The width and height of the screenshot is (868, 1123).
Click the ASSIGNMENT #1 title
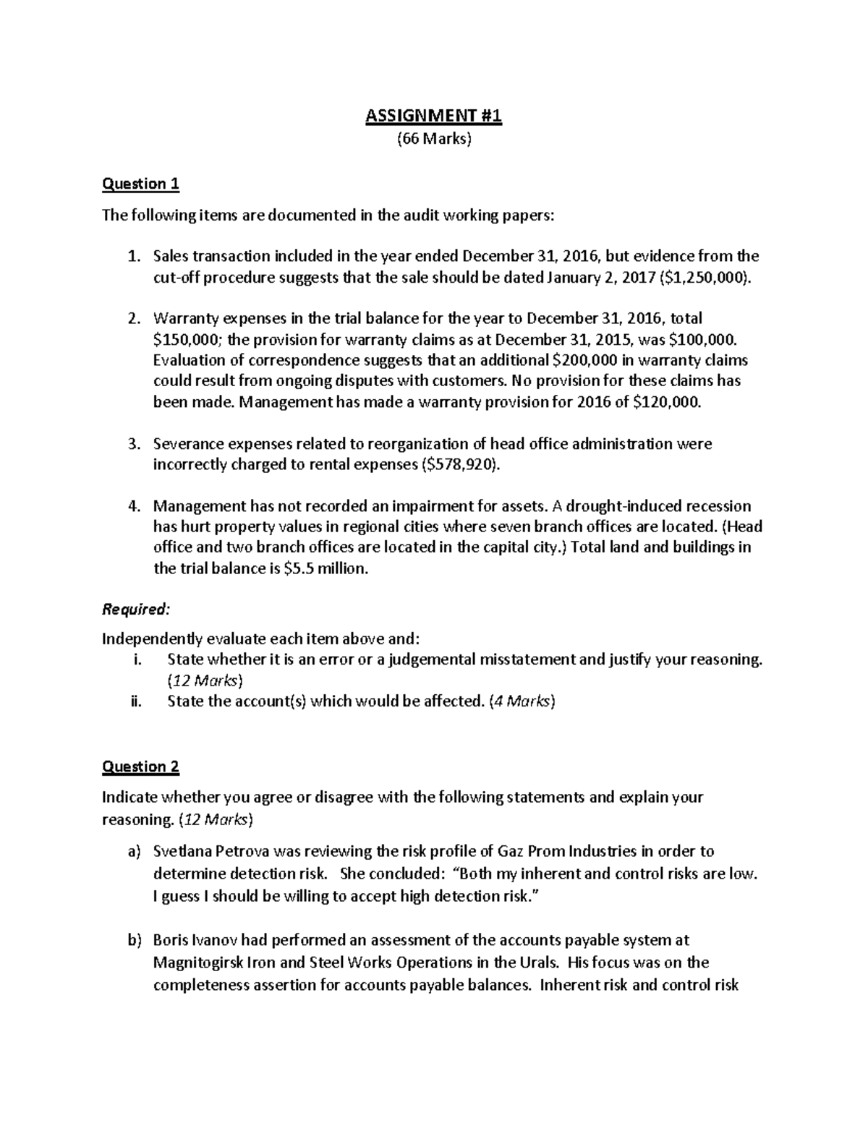(x=433, y=116)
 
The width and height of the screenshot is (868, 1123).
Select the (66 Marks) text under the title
(x=433, y=140)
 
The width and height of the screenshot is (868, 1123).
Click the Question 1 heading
(x=140, y=184)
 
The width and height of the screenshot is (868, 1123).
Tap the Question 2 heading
(x=140, y=767)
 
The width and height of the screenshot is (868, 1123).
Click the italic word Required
(x=135, y=610)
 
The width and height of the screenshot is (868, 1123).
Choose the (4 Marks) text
(x=522, y=701)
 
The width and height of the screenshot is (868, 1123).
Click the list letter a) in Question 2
(x=133, y=851)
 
